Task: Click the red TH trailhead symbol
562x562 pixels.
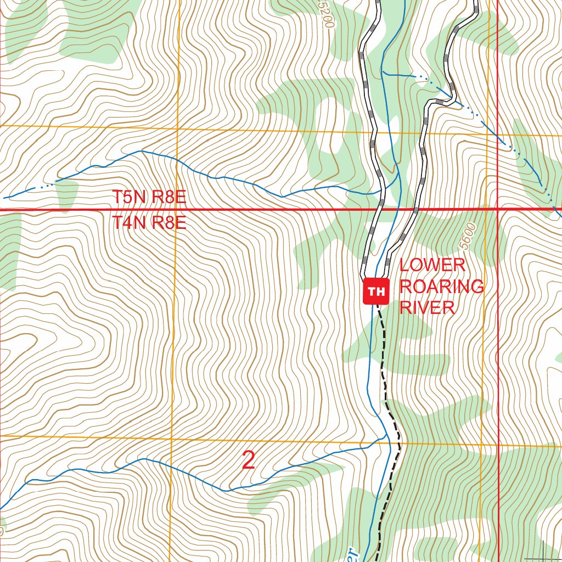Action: pos(376,291)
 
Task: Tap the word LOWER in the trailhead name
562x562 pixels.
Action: pos(432,265)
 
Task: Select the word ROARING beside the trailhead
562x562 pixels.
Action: pos(441,286)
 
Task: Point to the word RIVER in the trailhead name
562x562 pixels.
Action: pos(427,307)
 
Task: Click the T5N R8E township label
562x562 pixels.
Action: pos(149,197)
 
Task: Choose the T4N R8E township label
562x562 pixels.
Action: pos(149,223)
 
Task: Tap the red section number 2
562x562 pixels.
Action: pos(249,460)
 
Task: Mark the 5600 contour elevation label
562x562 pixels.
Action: pos(467,235)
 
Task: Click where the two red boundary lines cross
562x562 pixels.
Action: pos(498,209)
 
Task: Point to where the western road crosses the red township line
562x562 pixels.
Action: pos(379,209)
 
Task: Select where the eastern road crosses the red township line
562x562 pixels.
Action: pos(415,209)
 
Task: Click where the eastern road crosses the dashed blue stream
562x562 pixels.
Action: pos(451,99)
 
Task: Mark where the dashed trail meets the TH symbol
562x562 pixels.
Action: pos(378,304)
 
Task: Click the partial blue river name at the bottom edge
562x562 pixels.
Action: pos(350,554)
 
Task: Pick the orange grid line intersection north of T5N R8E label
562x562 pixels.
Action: pos(177,128)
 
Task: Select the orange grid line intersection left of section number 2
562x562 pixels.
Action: pos(170,438)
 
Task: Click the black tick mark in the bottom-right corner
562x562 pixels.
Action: pos(542,552)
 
